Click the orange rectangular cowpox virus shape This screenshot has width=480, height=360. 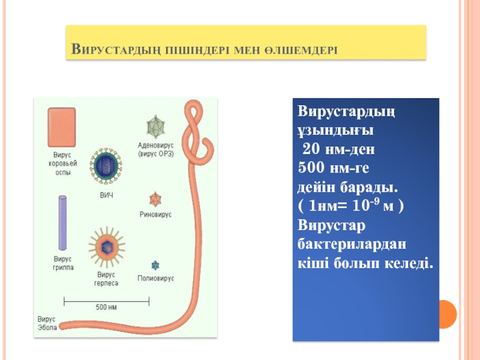coord(62,127)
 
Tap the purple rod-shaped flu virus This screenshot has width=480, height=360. coord(62,223)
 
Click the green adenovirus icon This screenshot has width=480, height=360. coord(155,126)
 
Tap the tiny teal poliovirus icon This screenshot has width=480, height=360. coord(155,265)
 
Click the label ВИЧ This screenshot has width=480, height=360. coord(106,195)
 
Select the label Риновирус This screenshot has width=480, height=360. coord(155,214)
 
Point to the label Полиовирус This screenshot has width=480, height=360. coord(155,279)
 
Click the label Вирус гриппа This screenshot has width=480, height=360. coord(62,263)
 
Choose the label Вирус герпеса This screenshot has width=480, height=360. coord(106,279)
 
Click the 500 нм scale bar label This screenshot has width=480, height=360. coord(106,307)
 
